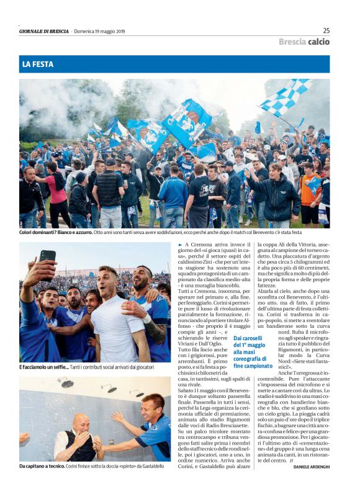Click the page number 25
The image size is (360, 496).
(x=326, y=30)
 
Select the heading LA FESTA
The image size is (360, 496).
(x=38, y=65)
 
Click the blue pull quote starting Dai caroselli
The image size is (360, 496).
(x=253, y=352)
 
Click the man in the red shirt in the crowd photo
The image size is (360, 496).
(x=57, y=192)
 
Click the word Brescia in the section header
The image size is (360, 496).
(x=292, y=42)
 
